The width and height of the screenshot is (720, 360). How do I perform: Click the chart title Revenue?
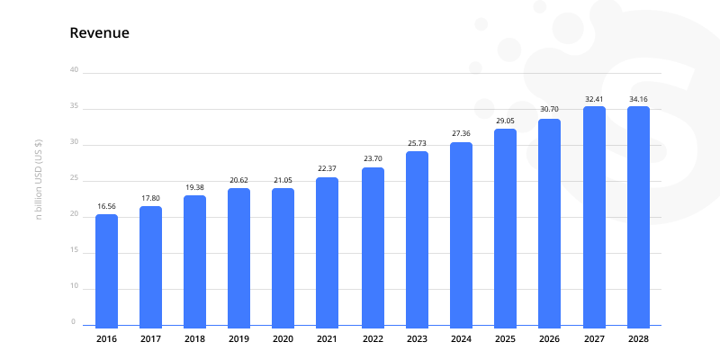[x=100, y=33]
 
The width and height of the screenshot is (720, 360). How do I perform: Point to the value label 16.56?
[x=106, y=206]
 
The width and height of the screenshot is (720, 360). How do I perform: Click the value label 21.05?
[x=283, y=180]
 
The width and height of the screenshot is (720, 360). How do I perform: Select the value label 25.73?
[x=417, y=143]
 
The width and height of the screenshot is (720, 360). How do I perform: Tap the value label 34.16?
[x=638, y=98]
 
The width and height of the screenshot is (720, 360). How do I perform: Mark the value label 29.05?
[x=505, y=121]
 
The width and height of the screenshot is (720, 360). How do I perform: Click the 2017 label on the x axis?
[x=150, y=339]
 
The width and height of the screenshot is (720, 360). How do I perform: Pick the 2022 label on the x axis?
[x=372, y=339]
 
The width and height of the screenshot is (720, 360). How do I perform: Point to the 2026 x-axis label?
[x=549, y=339]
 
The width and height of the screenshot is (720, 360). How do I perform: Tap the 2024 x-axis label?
[x=461, y=339]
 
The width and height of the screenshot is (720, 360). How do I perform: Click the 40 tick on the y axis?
[x=74, y=70]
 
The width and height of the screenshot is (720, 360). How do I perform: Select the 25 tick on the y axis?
[x=74, y=178]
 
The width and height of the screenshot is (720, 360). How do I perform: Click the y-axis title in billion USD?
[x=39, y=180]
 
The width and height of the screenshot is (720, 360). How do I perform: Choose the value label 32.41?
[x=594, y=98]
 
